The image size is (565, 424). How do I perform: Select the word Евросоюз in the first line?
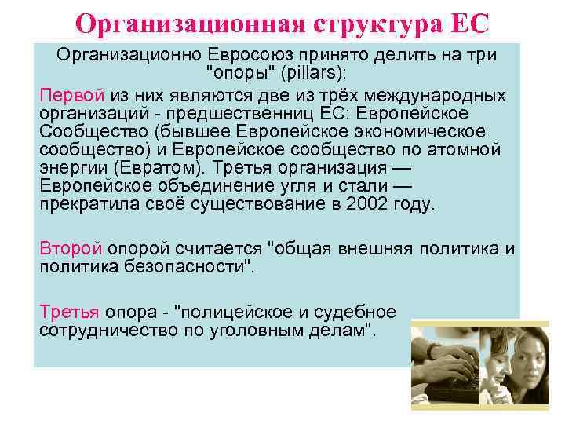click(251, 56)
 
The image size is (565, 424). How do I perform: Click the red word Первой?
click(71, 95)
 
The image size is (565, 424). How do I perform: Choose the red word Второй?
click(71, 249)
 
